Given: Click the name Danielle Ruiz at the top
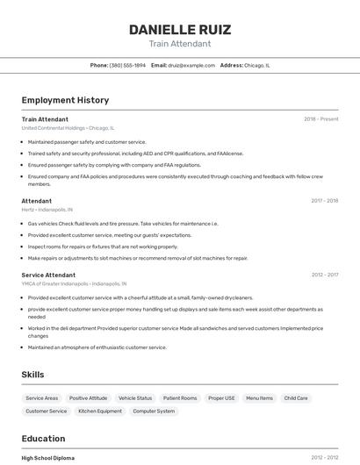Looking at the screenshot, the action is point(179,29).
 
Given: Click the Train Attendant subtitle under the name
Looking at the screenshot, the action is point(179,44).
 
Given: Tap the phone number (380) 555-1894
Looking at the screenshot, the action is point(127,65).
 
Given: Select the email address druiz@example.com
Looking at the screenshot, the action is point(191,65).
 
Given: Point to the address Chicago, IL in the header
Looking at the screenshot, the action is point(257,65).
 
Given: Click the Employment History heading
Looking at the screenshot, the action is point(65,100).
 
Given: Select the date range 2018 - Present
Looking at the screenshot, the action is point(320,119).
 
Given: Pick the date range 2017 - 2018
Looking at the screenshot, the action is point(324,201).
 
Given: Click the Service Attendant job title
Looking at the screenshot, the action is point(48,275).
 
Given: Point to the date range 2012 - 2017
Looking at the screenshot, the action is point(324,275).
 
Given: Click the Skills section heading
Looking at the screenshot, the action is point(32,375).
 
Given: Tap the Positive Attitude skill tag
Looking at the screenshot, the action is point(88,398).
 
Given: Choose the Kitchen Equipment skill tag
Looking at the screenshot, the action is point(100,411).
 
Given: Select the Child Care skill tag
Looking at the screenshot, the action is point(296,398).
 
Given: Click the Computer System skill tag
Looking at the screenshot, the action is point(154,411).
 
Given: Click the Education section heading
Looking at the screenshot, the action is point(43,439).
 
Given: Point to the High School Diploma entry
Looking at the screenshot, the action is point(48,458).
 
